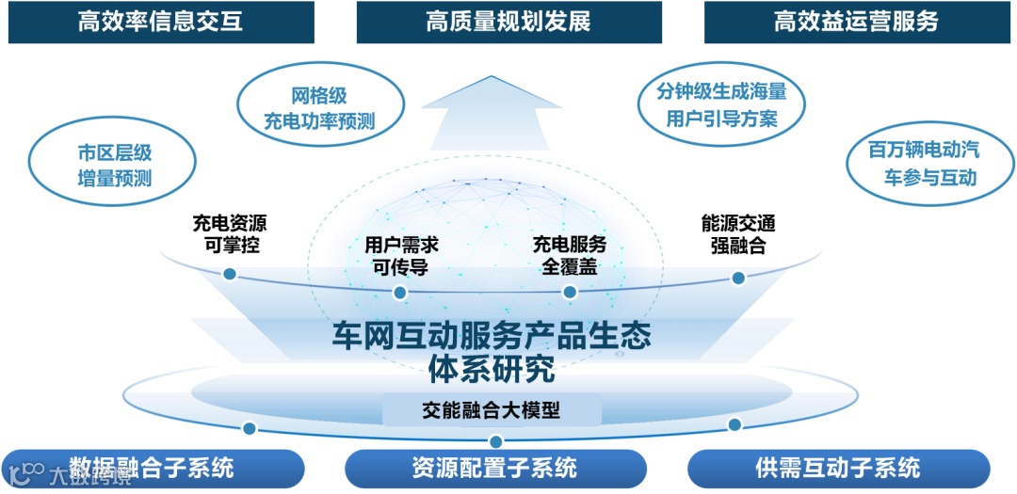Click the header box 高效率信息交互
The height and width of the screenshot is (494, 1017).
point(160,22)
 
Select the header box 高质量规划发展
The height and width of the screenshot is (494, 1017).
point(508,22)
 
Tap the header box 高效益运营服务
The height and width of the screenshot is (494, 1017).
point(856,22)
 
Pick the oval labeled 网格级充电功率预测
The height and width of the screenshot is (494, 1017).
point(319,108)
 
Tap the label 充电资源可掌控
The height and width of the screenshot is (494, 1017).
point(229,234)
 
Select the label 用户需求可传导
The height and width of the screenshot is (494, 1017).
point(401,255)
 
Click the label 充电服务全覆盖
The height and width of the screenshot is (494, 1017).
point(570,255)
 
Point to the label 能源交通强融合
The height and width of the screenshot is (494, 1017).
point(738,234)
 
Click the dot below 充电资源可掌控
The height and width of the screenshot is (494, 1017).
point(229,274)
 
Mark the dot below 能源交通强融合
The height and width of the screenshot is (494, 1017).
point(738,278)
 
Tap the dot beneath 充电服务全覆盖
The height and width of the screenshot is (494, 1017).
point(569,292)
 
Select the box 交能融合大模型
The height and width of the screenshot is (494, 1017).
point(492,409)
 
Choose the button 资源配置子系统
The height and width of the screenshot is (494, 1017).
point(494,467)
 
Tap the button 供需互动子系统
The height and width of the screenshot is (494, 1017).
point(838,467)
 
